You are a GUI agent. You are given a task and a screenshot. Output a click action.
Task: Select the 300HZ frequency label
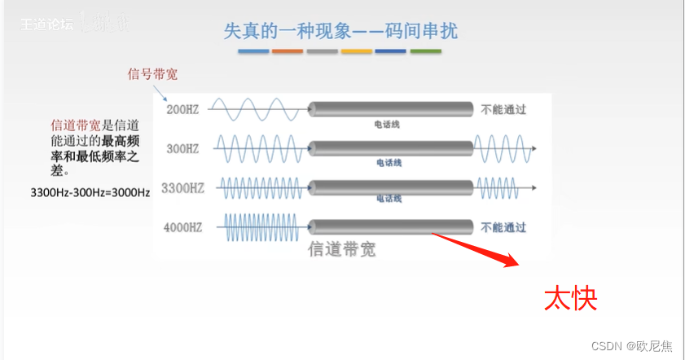[x=183, y=149]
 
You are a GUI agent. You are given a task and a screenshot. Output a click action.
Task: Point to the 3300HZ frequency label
[x=182, y=188]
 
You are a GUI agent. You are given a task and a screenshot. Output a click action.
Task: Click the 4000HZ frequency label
[x=183, y=226]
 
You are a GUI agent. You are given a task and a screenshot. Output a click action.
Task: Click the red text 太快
[x=571, y=299]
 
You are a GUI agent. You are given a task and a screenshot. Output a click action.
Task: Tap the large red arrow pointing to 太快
[x=477, y=248]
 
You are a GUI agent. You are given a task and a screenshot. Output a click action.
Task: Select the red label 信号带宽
[x=152, y=75]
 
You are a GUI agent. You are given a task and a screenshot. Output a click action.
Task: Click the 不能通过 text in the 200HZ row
[x=503, y=109]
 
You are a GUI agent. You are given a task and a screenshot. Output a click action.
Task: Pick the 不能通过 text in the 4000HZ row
[x=503, y=226]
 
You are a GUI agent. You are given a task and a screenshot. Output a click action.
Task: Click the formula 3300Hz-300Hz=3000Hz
[x=90, y=193]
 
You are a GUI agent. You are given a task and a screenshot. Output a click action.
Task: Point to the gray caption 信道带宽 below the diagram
[x=342, y=249]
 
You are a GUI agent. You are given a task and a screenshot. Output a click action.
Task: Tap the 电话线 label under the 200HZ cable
[x=387, y=125]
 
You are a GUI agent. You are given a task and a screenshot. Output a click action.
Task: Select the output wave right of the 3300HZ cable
[x=502, y=187]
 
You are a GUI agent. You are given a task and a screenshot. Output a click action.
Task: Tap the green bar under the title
[x=425, y=51]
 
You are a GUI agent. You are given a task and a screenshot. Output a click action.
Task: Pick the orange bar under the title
[x=288, y=51]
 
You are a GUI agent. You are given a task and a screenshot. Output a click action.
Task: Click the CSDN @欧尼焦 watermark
[x=632, y=346]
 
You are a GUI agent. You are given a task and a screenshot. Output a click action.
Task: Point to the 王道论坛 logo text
[x=47, y=24]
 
